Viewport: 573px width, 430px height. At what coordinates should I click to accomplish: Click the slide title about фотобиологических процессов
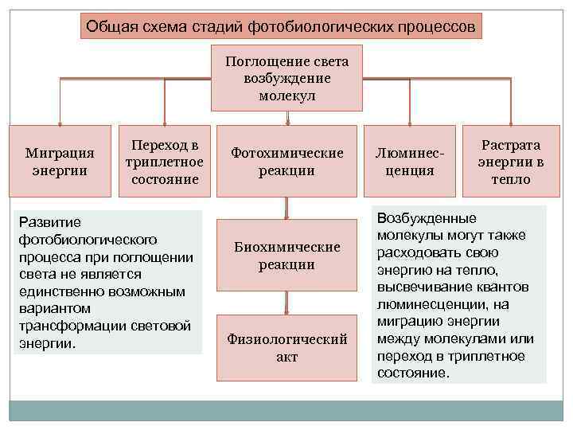pos(282,27)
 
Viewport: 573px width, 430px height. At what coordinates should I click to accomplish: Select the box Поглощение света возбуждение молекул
pos(286,78)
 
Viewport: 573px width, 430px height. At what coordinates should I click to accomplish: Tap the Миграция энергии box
pos(60,161)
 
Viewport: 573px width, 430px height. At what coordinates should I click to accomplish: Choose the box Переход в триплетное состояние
pos(165,161)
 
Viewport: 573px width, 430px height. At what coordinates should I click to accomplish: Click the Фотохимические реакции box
pos(286,161)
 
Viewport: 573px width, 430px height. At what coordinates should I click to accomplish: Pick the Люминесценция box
pos(409,161)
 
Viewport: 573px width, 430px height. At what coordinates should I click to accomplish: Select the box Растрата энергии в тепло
pos(511,162)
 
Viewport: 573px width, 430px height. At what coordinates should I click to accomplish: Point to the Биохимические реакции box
pos(286,255)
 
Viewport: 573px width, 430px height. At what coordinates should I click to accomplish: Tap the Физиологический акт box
pos(286,347)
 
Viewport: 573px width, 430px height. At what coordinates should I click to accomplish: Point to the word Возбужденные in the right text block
pos(427,217)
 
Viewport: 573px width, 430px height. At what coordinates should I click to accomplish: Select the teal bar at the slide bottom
pos(286,410)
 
